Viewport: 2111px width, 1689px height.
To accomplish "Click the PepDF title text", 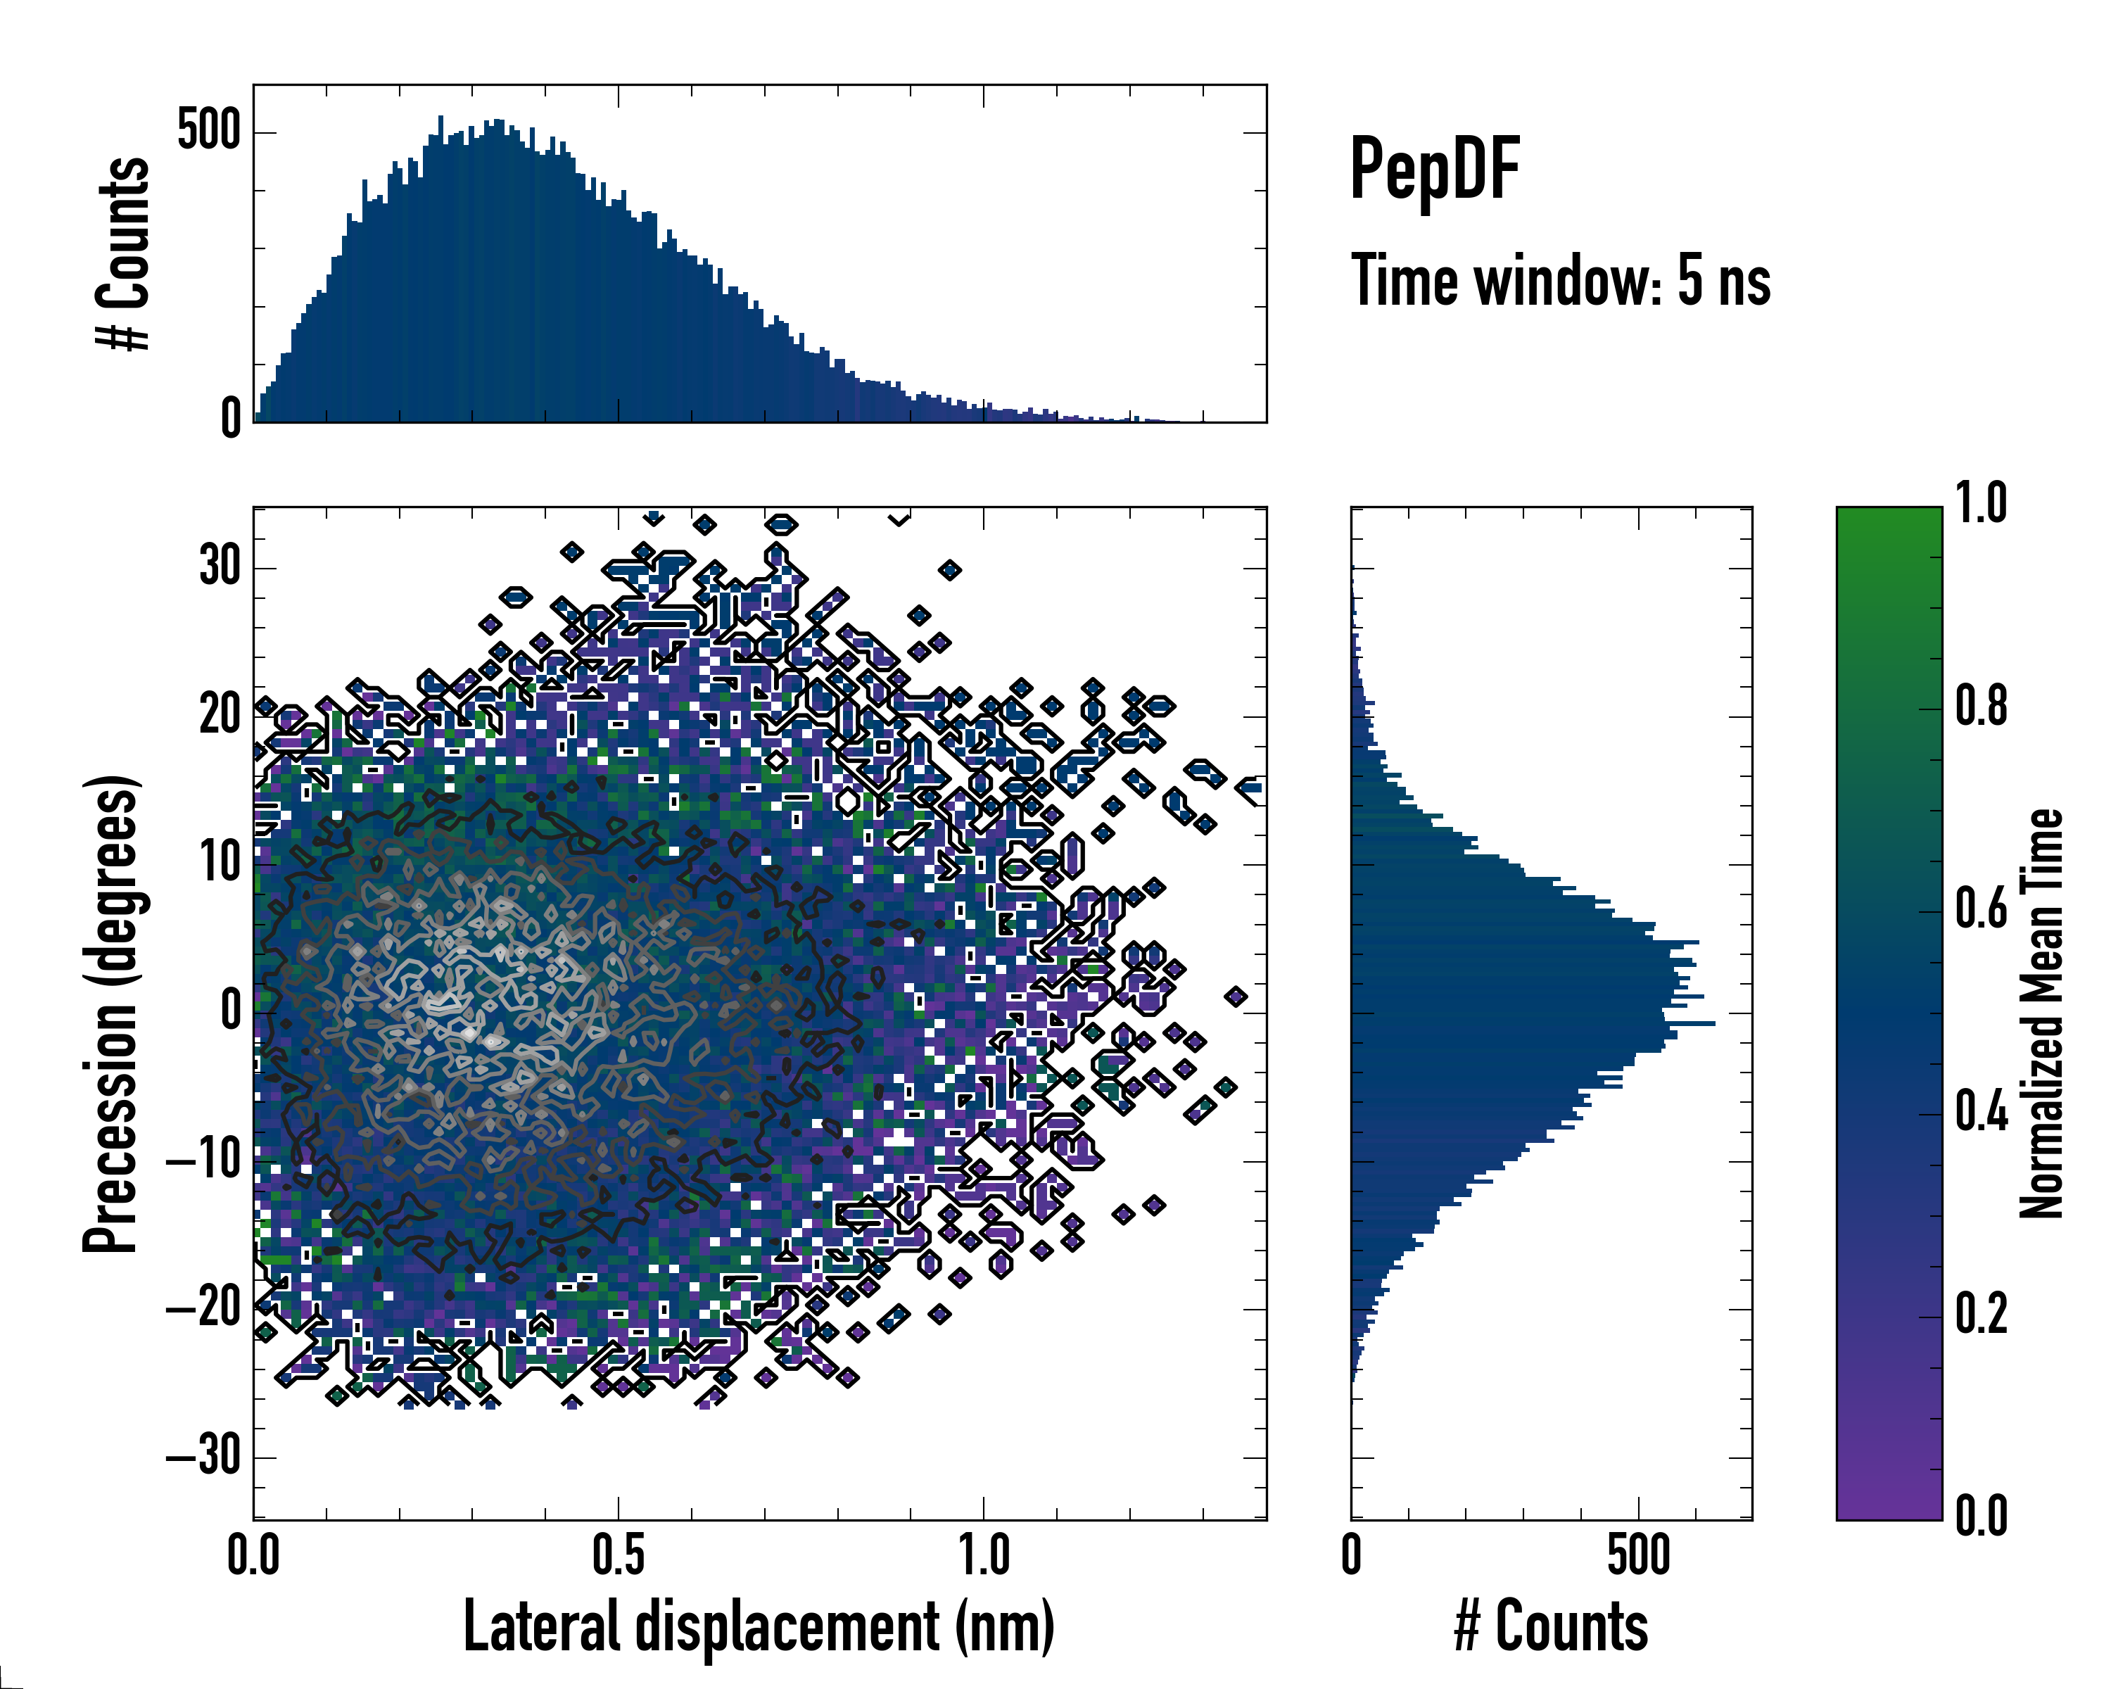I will point(1434,170).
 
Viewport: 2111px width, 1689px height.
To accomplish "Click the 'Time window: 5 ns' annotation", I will point(1561,281).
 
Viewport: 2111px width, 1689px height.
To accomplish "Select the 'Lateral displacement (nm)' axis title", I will point(759,1626).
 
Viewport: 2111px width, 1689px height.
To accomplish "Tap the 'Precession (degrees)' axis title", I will point(110,1013).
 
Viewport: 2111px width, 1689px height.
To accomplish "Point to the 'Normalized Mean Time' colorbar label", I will point(2041,1013).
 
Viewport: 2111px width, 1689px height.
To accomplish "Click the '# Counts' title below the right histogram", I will point(1551,1626).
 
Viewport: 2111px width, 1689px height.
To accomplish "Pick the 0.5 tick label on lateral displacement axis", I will point(618,1556).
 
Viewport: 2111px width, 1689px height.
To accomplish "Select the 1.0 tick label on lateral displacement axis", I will point(983,1556).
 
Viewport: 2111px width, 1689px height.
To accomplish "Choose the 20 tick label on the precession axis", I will point(220,715).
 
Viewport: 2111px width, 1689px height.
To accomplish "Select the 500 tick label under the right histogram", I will point(1638,1556).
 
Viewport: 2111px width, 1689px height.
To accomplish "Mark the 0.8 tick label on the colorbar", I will point(1981,707).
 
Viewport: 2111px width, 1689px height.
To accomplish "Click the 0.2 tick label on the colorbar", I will point(1981,1314).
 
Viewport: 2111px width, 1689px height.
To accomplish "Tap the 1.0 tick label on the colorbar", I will point(1981,505).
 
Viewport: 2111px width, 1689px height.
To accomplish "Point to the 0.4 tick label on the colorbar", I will point(1981,1113).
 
